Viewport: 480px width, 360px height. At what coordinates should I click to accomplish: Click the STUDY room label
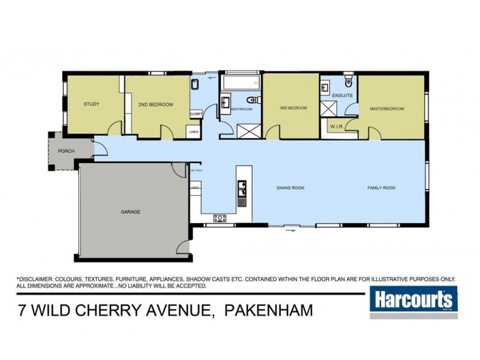(91, 104)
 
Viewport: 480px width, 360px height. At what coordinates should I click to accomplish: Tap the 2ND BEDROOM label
(155, 104)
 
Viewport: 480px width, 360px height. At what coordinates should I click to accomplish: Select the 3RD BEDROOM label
(293, 108)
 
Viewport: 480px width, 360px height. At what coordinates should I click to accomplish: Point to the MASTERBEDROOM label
(387, 109)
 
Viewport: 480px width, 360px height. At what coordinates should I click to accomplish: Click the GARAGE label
(130, 212)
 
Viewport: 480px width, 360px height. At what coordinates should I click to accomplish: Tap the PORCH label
(66, 151)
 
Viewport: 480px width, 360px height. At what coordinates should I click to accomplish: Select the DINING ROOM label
(290, 188)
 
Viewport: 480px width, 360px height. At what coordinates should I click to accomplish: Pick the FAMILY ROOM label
(382, 188)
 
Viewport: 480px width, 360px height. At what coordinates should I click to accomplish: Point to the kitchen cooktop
(219, 217)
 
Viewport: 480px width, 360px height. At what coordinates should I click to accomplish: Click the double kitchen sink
(241, 191)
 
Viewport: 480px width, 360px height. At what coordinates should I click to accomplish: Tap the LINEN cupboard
(194, 131)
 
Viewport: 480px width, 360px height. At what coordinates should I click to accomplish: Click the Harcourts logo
(414, 300)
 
